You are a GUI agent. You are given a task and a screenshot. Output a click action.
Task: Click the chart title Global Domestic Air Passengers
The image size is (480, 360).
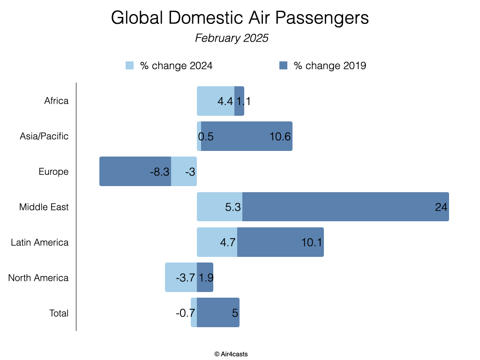(x=240, y=18)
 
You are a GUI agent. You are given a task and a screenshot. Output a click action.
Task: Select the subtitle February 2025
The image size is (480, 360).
(x=232, y=38)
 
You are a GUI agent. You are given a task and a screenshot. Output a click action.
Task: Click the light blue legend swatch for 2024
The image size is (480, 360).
(x=130, y=66)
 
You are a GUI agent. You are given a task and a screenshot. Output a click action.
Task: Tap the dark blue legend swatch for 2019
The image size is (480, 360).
(x=283, y=66)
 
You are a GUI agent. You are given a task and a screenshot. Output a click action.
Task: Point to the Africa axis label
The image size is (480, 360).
(x=56, y=101)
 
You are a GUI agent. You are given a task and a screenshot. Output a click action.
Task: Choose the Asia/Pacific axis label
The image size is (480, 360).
(x=44, y=136)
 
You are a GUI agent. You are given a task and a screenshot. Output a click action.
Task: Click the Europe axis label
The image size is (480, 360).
(x=53, y=172)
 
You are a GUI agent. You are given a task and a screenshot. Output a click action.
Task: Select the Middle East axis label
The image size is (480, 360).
(x=44, y=207)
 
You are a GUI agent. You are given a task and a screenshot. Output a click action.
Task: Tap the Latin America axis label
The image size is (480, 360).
(x=40, y=242)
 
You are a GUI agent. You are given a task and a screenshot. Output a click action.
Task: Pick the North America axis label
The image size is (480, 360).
(x=38, y=278)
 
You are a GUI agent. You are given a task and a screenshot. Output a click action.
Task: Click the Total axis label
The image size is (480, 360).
(x=59, y=313)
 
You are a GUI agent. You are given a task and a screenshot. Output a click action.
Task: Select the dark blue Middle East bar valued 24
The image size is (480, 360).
(x=345, y=207)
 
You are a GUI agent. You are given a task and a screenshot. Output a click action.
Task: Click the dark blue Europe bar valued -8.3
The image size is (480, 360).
(x=135, y=172)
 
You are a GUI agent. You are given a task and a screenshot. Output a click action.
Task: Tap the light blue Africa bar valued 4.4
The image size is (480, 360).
(x=215, y=101)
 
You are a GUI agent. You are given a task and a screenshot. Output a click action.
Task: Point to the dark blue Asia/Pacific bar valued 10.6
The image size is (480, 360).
(x=247, y=136)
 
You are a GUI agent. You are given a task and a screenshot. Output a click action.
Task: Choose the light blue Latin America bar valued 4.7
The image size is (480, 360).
(x=217, y=242)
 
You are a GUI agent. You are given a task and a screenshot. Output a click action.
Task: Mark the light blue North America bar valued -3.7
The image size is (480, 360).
(x=180, y=278)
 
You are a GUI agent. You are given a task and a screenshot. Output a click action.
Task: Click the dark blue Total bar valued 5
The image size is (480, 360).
(x=218, y=313)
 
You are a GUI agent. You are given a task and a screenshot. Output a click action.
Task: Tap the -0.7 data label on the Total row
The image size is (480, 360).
(x=186, y=313)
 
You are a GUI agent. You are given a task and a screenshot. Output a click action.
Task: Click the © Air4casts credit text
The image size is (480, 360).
(x=231, y=354)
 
